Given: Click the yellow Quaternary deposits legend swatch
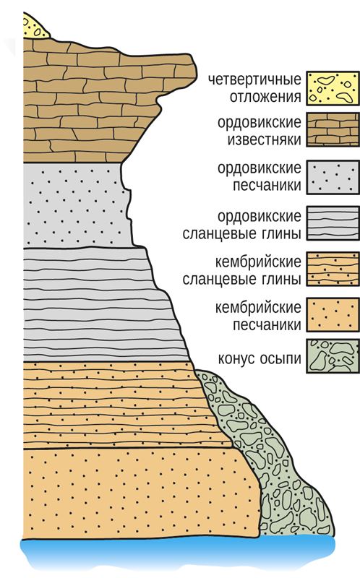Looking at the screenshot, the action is click(333, 88).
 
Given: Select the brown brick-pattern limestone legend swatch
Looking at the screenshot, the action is click(333, 130).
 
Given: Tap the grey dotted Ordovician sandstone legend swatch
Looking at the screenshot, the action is click(333, 177).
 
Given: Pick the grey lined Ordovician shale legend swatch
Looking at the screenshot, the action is click(333, 223).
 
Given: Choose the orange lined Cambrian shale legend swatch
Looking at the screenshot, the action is click(333, 269).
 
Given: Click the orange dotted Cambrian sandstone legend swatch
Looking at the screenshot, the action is click(333, 315).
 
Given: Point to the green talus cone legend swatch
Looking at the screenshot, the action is click(333, 356).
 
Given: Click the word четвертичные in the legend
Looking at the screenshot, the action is click(254, 80).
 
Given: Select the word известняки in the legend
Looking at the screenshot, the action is click(264, 140).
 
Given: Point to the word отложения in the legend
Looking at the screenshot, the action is click(265, 97).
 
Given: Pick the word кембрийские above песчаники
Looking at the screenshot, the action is click(258, 308).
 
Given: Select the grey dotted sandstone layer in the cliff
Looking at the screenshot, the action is click(76, 205).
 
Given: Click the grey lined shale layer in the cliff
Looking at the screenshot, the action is click(100, 304).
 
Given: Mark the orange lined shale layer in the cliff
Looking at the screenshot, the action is click(121, 405).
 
